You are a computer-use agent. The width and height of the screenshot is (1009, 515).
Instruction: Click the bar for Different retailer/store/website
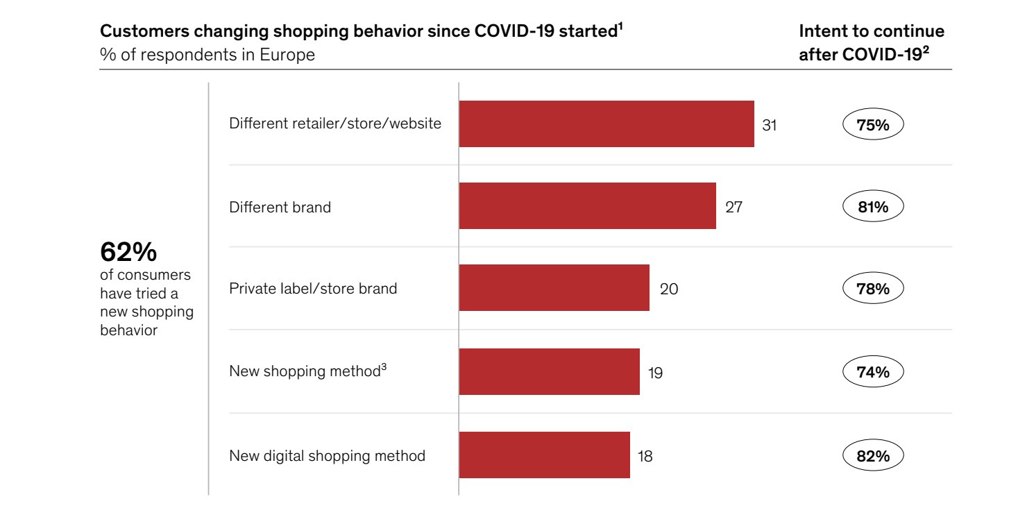pos(607,124)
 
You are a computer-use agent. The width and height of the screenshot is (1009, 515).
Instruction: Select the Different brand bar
pos(587,206)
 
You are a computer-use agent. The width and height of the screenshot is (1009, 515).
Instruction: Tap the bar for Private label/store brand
pos(554,288)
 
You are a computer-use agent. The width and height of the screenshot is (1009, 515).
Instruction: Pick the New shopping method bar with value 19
pos(549,371)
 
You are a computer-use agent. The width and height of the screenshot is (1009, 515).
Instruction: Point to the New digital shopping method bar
pos(544,455)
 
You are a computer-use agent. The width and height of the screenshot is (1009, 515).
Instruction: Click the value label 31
pos(770,125)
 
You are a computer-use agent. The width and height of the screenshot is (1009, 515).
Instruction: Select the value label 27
pos(734,207)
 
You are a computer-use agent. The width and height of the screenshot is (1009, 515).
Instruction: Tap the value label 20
pos(669,289)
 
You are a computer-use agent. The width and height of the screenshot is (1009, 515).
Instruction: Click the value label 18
pos(645,456)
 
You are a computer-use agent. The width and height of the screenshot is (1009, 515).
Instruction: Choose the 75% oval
pos(873,125)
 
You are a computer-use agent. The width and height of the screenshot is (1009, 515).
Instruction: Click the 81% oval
pos(873,207)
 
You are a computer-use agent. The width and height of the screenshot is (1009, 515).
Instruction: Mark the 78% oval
pos(873,289)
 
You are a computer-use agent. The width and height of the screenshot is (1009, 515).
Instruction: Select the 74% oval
pos(873,372)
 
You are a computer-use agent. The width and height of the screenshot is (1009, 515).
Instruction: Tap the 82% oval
pos(873,456)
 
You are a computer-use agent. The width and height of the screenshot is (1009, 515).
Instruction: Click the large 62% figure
pos(128,251)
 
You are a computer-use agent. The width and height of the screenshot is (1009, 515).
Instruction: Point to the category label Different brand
pos(280,207)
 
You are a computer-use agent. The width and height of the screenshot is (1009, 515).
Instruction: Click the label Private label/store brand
pos(313,289)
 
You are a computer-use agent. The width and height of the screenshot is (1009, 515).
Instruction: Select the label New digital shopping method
pos(327,456)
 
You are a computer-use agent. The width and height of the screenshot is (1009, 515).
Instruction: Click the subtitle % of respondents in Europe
pos(207,55)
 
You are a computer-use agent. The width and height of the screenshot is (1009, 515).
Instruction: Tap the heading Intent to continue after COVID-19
pos(872,43)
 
